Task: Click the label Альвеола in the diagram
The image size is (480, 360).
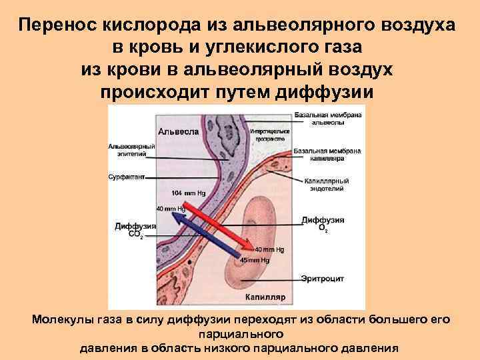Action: point(177,131)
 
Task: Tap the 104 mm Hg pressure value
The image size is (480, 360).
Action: point(189,193)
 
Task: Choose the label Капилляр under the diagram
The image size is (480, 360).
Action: point(265,297)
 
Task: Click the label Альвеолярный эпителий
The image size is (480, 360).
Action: point(132,150)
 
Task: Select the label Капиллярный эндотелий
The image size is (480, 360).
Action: point(327,185)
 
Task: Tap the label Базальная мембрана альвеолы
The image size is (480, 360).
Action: point(327,119)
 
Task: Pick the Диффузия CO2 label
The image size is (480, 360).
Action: point(135,230)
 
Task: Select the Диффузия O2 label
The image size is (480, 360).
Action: point(323,223)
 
